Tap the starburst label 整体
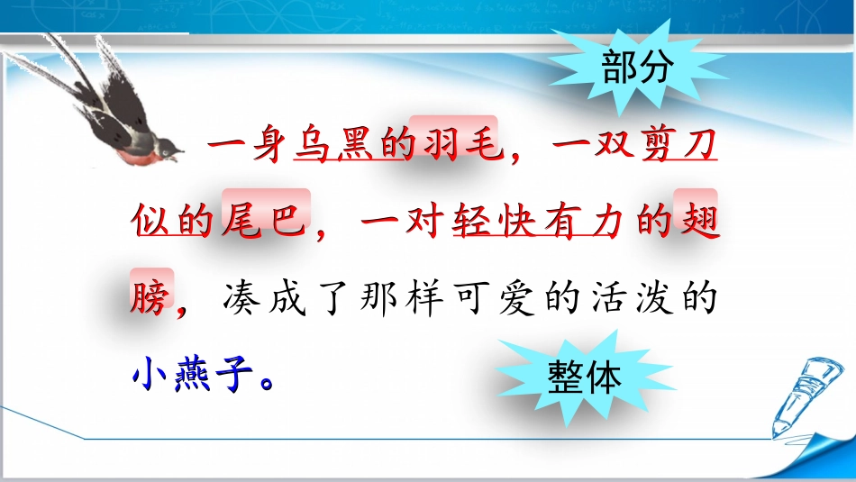click(x=584, y=377)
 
